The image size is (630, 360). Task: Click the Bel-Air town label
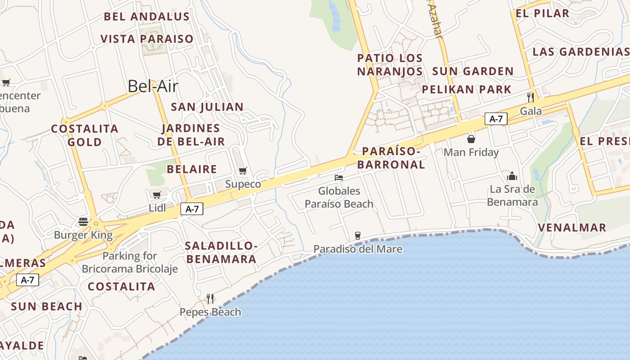[x=153, y=86]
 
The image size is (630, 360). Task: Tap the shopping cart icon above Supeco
[x=243, y=171]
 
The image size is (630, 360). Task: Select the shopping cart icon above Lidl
[x=157, y=195]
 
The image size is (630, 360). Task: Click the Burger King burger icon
[x=83, y=221]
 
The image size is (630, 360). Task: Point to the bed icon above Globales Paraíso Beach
[x=339, y=178]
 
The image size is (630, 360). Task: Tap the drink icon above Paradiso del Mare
[x=358, y=235]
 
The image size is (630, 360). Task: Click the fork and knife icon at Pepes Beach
[x=210, y=298]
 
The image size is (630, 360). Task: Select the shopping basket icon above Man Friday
[x=471, y=139]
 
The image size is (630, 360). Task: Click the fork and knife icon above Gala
[x=531, y=97]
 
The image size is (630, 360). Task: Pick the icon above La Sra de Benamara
[x=512, y=176]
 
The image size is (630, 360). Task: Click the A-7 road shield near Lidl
[x=192, y=209]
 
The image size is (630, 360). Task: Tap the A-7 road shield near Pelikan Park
[x=496, y=119]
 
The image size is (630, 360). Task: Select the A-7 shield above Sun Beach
[x=28, y=280]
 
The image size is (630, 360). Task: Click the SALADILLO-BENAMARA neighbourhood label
[x=221, y=252]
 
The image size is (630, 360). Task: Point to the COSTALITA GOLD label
[x=85, y=135]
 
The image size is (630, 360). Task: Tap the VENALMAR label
[x=572, y=227]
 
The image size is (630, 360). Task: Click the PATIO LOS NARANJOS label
[x=390, y=65]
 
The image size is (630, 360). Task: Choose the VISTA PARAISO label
[x=147, y=39]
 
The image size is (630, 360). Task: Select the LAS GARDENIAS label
[x=580, y=51]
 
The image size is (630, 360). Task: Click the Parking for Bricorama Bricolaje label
[x=130, y=262]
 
